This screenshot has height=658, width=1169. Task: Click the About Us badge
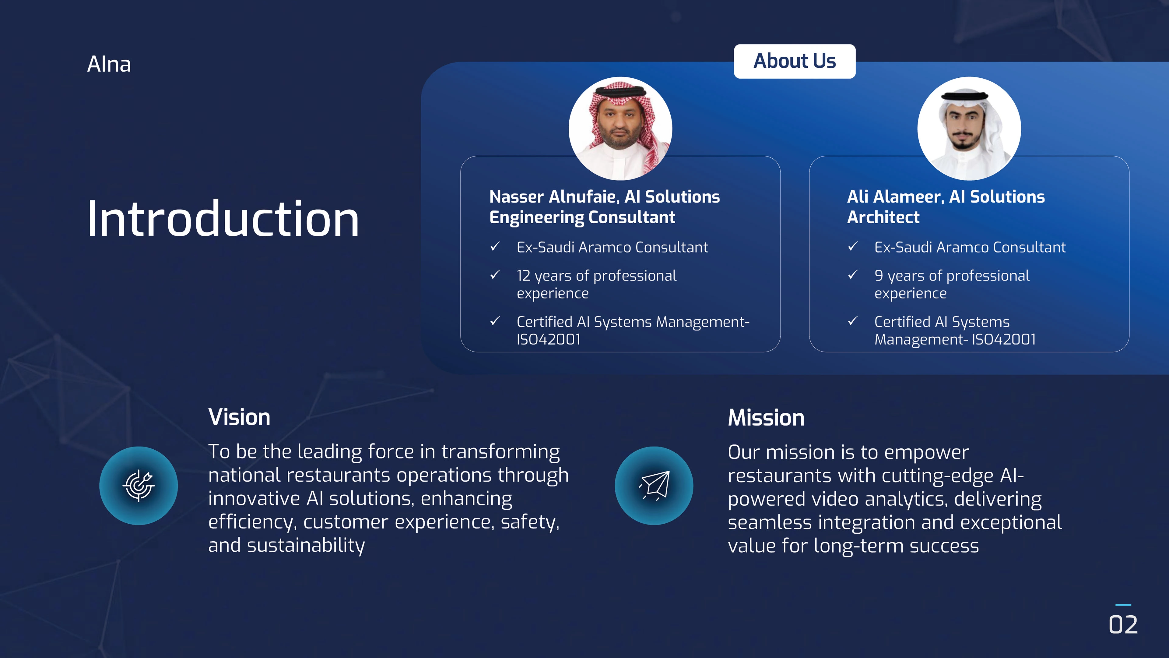[x=795, y=61]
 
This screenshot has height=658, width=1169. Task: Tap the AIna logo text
[x=109, y=64]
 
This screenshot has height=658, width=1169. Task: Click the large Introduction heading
[x=223, y=219]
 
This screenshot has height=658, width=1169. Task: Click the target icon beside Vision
[x=139, y=486]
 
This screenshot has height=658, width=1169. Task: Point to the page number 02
[x=1123, y=625]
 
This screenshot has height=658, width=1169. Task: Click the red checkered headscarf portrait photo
[x=620, y=129]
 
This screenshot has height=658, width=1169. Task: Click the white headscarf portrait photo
[x=969, y=129]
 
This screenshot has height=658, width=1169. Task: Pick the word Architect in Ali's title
[x=883, y=218]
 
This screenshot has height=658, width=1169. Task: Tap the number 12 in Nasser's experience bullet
[x=523, y=276]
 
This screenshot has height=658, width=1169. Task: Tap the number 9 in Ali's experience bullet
[x=879, y=276]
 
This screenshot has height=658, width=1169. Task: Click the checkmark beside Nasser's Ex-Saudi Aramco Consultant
[x=495, y=246]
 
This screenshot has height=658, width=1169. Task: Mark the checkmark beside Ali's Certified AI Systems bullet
[x=853, y=321]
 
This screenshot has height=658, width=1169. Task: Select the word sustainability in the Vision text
[x=306, y=545]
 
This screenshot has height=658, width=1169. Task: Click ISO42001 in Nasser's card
[x=549, y=339]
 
